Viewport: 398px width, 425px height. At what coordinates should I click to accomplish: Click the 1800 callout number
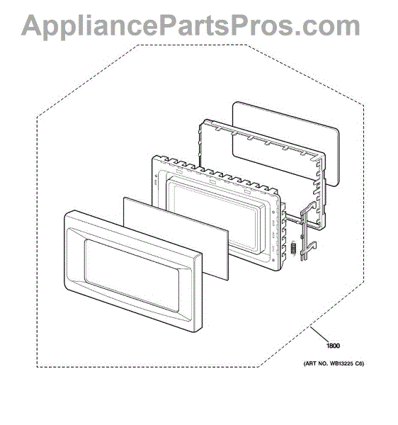coord(333,346)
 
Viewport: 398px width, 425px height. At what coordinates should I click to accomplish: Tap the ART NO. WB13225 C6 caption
coord(334,364)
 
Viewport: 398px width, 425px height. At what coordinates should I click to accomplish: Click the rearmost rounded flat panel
coord(285,144)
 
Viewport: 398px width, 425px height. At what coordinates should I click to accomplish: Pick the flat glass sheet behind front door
coord(176,239)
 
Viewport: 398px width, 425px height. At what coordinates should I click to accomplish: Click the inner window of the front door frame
coord(132,276)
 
